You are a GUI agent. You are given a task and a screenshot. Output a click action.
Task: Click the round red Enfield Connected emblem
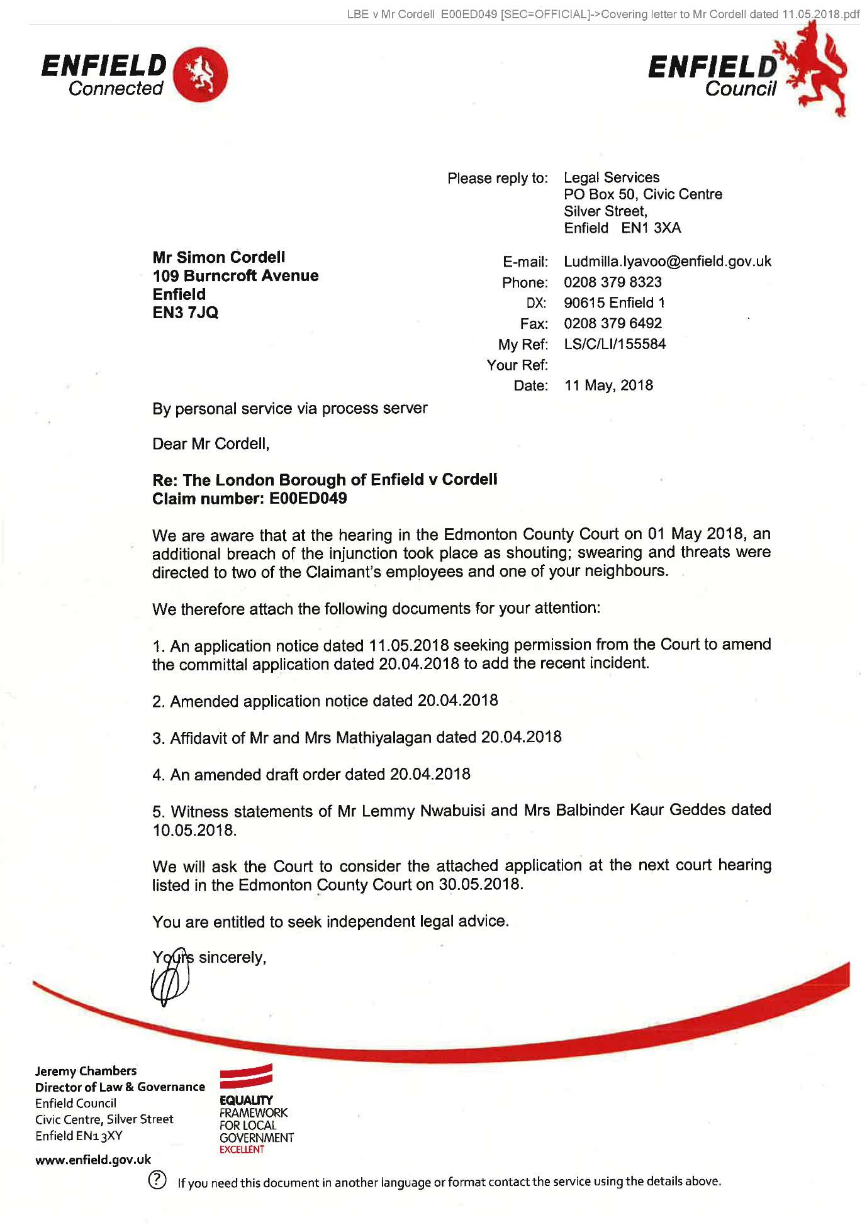pyautogui.click(x=200, y=74)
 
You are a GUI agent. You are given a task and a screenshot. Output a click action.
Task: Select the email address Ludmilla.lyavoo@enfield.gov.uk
pyautogui.click(x=667, y=262)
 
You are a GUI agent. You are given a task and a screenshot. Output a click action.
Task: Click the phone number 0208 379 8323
pyautogui.click(x=612, y=282)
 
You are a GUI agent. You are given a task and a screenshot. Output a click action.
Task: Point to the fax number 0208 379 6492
pyautogui.click(x=612, y=324)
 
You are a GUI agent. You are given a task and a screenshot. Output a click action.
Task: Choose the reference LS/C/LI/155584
pyautogui.click(x=614, y=345)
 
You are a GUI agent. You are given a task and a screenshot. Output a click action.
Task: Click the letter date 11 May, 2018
pyautogui.click(x=608, y=385)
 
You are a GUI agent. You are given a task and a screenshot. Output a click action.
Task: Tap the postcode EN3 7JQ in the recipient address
pyautogui.click(x=185, y=313)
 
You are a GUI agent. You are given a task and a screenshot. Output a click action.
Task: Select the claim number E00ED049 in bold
pyautogui.click(x=308, y=499)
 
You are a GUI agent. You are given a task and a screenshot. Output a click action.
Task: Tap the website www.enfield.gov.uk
pyautogui.click(x=93, y=1160)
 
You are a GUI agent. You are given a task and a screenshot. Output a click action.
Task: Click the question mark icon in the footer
pyautogui.click(x=157, y=1180)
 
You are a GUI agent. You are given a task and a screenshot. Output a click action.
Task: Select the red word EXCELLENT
pyautogui.click(x=242, y=1150)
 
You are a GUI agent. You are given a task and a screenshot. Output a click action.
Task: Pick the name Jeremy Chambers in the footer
pyautogui.click(x=86, y=1071)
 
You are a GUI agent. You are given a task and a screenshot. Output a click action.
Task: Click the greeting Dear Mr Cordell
pyautogui.click(x=211, y=444)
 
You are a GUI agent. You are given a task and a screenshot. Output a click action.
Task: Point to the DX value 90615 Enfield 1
pyautogui.click(x=614, y=303)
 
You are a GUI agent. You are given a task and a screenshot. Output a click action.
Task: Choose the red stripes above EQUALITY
pyautogui.click(x=246, y=1077)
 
